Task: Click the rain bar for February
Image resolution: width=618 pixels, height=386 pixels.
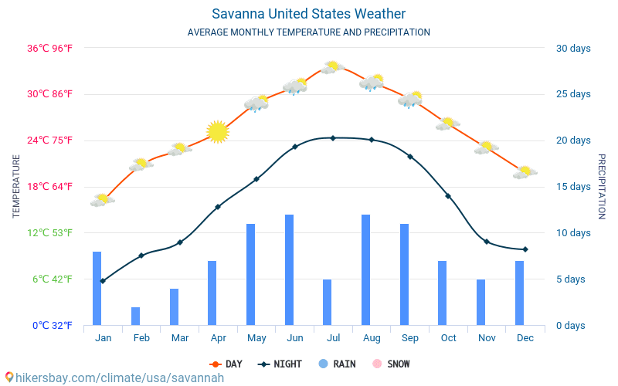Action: (136, 317)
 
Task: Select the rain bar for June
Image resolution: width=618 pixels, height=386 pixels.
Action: (289, 270)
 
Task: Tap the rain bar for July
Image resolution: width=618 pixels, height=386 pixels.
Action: (328, 303)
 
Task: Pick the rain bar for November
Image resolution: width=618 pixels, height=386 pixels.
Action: (480, 303)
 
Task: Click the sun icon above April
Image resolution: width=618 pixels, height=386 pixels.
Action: (218, 132)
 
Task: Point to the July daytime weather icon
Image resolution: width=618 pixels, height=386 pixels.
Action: (332, 67)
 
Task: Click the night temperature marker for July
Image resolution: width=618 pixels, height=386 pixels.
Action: (333, 138)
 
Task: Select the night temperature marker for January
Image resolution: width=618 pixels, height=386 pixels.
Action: (103, 281)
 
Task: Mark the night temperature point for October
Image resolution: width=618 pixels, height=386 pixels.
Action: (448, 196)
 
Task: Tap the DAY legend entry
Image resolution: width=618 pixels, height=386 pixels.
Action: (226, 364)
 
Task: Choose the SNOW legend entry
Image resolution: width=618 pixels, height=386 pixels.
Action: (391, 364)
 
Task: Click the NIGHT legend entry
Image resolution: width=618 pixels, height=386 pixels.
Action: (281, 364)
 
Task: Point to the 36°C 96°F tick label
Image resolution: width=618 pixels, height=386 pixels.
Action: (49, 48)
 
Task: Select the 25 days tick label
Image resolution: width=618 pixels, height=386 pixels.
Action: (573, 94)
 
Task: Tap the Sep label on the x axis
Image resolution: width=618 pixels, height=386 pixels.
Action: (410, 338)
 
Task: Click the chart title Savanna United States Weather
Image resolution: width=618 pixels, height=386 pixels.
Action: (308, 14)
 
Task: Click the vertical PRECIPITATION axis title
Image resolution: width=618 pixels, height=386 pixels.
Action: (602, 186)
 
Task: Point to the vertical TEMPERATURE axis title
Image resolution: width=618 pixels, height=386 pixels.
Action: (16, 186)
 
